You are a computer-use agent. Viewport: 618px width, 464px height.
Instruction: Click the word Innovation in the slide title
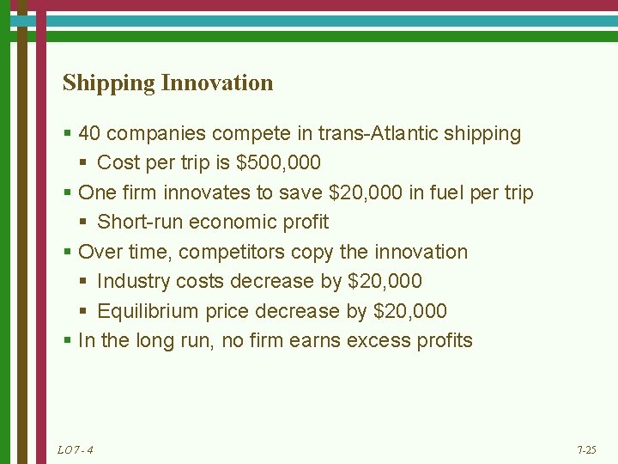click(x=217, y=83)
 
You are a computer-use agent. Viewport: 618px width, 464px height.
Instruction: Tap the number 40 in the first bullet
click(x=89, y=134)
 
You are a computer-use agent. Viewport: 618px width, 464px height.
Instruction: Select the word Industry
click(x=134, y=282)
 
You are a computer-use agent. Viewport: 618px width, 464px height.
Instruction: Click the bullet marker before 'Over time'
click(x=68, y=253)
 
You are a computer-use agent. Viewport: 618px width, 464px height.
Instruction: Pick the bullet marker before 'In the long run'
click(x=68, y=341)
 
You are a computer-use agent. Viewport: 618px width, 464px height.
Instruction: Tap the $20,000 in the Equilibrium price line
click(x=410, y=311)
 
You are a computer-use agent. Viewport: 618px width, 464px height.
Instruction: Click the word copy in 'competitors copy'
click(x=312, y=253)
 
